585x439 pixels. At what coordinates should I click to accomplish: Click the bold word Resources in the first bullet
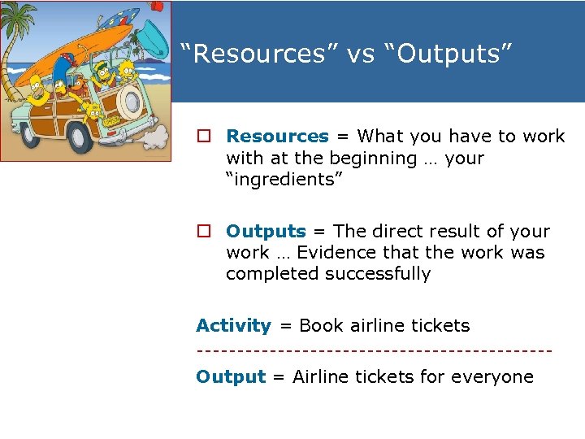[x=277, y=137]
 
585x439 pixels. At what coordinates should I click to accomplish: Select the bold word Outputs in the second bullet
[x=266, y=232]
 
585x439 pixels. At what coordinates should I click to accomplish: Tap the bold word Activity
[x=233, y=326]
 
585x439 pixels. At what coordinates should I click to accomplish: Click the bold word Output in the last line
[x=231, y=377]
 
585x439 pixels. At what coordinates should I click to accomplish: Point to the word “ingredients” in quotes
[x=284, y=179]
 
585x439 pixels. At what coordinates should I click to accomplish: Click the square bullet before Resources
[x=202, y=137]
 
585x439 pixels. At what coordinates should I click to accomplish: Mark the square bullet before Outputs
[x=202, y=232]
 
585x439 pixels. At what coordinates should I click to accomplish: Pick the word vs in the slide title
[x=358, y=54]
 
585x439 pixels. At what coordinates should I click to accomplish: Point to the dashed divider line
[x=374, y=351]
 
